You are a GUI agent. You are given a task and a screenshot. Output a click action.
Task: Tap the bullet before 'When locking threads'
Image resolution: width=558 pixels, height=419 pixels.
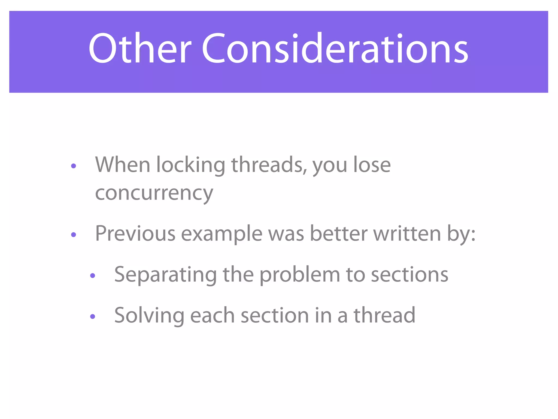pyautogui.click(x=73, y=166)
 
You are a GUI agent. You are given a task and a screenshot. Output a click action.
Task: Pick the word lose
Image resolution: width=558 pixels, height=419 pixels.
pyautogui.click(x=372, y=165)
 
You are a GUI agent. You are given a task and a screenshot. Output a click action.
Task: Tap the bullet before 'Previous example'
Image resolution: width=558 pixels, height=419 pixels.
pyautogui.click(x=73, y=235)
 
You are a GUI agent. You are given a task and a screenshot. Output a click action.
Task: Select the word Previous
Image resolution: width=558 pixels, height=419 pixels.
pyautogui.click(x=135, y=234)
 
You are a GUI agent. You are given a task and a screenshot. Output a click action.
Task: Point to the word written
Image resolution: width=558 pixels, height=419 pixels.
pyautogui.click(x=407, y=234)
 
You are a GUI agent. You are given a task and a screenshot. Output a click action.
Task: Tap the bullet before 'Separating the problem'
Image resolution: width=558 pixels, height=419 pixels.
pyautogui.click(x=93, y=276)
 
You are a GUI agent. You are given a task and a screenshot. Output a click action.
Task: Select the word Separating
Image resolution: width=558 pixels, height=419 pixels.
pyautogui.click(x=165, y=275)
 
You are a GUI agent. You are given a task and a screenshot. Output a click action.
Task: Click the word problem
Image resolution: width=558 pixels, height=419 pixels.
pyautogui.click(x=300, y=275)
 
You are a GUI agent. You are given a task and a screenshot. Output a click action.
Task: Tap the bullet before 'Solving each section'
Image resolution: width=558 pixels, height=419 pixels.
pyautogui.click(x=93, y=316)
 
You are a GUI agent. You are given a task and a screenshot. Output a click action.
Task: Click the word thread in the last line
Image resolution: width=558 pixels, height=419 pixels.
pyautogui.click(x=384, y=315)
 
